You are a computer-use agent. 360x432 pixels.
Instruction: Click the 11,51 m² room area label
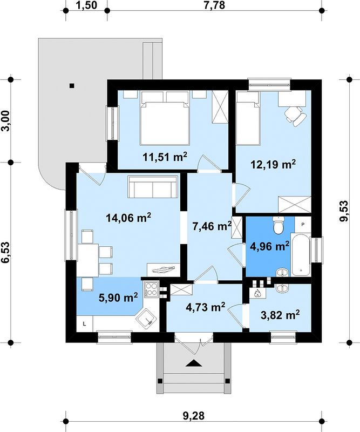(165, 157)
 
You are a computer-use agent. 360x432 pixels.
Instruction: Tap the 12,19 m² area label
(273, 164)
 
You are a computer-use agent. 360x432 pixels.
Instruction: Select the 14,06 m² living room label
(128, 218)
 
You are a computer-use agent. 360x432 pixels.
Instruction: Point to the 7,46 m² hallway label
(212, 226)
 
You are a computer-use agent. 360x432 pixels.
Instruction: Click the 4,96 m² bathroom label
(269, 246)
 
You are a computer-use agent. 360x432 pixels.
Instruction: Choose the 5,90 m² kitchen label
(118, 298)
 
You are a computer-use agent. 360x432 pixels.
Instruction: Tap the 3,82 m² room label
(280, 315)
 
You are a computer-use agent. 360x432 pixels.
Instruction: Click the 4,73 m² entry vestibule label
(206, 307)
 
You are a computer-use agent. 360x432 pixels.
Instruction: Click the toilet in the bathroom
(279, 225)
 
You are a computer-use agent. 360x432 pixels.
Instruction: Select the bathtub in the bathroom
(301, 255)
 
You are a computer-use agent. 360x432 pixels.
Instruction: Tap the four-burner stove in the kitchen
(151, 289)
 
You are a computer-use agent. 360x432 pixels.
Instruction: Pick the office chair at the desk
(295, 116)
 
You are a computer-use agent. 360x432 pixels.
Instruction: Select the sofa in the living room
(153, 187)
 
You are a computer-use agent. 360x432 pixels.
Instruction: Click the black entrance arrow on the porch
(194, 363)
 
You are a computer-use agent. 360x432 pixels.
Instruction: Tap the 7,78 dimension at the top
(214, 5)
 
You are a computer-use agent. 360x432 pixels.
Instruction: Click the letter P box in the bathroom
(303, 224)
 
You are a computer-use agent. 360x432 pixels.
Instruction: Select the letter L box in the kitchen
(85, 324)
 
